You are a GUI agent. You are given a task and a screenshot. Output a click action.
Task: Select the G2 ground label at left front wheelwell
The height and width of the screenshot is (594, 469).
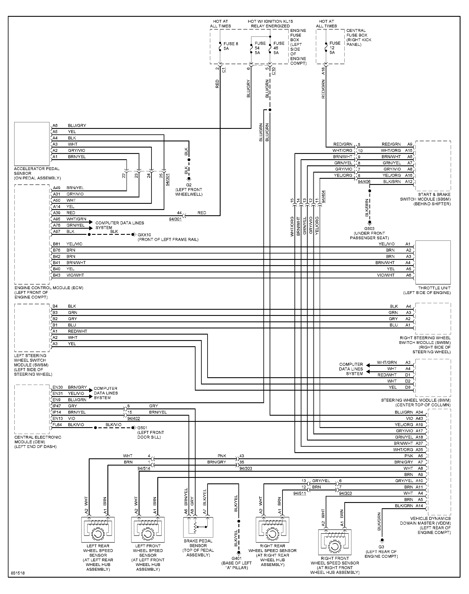tap(189, 185)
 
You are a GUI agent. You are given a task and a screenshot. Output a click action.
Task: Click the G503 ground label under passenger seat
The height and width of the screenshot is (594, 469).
tap(369, 228)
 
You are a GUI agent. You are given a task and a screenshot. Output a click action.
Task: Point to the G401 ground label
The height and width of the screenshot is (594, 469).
tap(237, 558)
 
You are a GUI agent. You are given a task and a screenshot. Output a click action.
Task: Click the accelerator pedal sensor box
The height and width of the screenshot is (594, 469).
tap(32, 144)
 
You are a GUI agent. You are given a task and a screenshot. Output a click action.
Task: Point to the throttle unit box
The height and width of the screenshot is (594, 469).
tap(433, 262)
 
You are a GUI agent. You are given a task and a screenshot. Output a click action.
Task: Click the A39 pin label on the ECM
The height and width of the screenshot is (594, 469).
tap(56, 213)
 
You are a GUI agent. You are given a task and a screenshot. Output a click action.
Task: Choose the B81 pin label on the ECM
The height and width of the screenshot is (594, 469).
tap(56, 244)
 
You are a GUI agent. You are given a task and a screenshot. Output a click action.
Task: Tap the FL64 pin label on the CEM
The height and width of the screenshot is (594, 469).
tap(57, 425)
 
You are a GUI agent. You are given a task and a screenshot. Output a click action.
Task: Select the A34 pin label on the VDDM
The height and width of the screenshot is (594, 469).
tap(419, 412)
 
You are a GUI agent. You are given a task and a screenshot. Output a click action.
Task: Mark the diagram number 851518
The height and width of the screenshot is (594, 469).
tap(18, 573)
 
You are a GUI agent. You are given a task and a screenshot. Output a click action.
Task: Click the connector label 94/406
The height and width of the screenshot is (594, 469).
tap(364, 182)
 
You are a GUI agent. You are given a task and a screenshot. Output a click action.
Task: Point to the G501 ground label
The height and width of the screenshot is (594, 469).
tap(142, 428)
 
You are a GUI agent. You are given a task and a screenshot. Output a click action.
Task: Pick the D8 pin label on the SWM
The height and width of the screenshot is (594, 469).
tap(408, 387)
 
